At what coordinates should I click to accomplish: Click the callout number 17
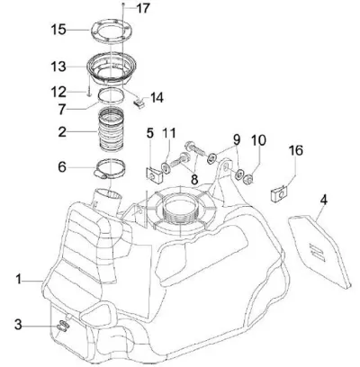pos(143,8)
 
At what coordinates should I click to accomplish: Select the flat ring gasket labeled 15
pos(112,25)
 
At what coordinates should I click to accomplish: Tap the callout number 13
pos(58,67)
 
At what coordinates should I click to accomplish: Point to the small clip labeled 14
pos(139,103)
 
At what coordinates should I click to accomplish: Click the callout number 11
pos(169,134)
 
